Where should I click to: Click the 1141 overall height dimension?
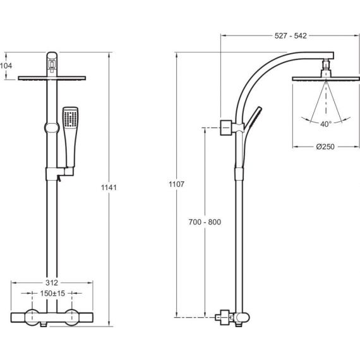(x=109, y=188)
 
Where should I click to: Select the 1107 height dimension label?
(x=177, y=184)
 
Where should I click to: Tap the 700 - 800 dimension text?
(x=205, y=222)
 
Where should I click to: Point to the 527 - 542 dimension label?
(x=291, y=36)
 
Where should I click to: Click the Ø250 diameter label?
(x=325, y=147)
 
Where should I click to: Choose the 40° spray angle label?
(x=326, y=124)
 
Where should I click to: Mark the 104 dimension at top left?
(x=6, y=66)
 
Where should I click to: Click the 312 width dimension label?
(x=52, y=282)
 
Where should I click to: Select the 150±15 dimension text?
(x=52, y=294)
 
